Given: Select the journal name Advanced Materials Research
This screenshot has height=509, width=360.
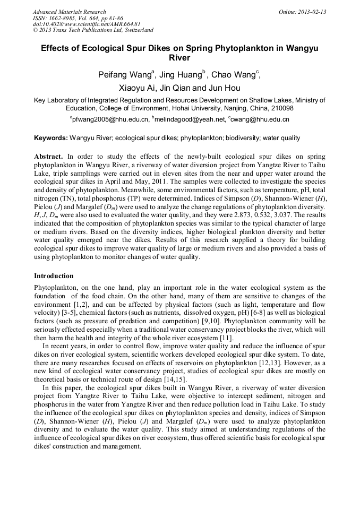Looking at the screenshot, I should point(69,12).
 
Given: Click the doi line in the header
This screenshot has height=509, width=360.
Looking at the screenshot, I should point(87,24).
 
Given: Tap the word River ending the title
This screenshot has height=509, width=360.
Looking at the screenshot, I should point(179,58).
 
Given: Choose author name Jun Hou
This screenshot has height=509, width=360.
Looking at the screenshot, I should point(225,88).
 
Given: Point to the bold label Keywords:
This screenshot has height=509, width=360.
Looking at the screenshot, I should point(51,138).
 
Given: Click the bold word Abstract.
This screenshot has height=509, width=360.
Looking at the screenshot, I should point(48,157).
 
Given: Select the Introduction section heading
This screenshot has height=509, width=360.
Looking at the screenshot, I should point(54,276).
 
